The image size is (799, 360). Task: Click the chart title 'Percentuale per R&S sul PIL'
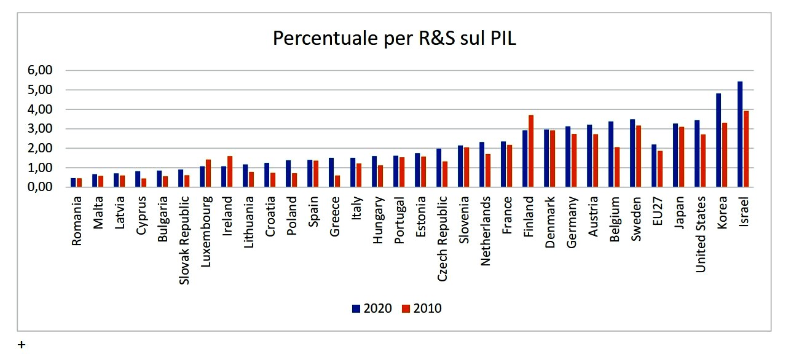(x=395, y=38)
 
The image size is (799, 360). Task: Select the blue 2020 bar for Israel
(x=740, y=134)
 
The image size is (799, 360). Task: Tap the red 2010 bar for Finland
(x=531, y=151)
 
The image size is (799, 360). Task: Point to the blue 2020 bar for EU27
(x=654, y=166)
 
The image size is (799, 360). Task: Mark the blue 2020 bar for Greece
(x=331, y=173)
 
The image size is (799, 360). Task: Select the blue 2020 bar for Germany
(x=568, y=157)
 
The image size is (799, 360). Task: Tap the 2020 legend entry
(x=372, y=308)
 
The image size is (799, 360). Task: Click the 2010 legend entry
(x=422, y=308)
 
